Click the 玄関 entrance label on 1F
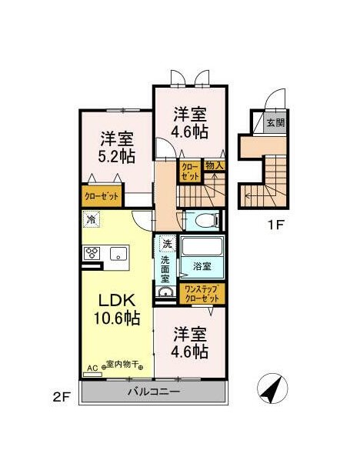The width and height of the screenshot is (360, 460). point(275,122)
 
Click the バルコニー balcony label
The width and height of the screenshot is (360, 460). point(154,392)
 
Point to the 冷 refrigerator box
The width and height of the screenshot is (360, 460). point(91,219)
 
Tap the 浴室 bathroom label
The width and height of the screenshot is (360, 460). point(202,267)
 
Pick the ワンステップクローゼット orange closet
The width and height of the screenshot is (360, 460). point(203,293)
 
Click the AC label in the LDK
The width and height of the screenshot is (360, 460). point(92,368)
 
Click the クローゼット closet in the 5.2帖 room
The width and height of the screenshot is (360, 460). point(102,196)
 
